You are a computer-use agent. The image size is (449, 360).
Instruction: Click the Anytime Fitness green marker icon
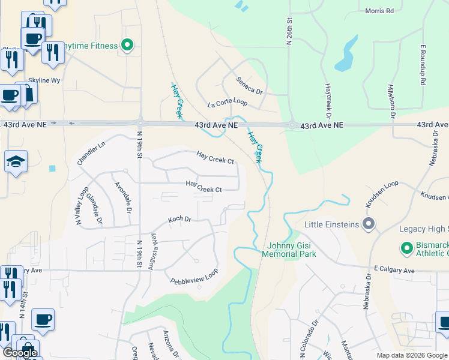[x=127, y=46]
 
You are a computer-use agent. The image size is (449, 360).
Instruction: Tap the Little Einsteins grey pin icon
[x=369, y=225]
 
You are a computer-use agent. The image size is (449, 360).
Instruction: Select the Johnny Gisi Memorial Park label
[x=289, y=249]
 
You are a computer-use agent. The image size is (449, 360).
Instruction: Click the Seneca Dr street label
[x=249, y=85]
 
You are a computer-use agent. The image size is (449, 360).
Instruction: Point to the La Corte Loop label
[x=227, y=103]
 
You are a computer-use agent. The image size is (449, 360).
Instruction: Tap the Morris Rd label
[x=379, y=11]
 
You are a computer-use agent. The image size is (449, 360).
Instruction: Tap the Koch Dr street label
[x=179, y=219]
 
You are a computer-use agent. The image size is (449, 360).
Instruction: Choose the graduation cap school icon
[x=15, y=161]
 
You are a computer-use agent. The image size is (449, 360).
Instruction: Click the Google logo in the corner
[x=20, y=353]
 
